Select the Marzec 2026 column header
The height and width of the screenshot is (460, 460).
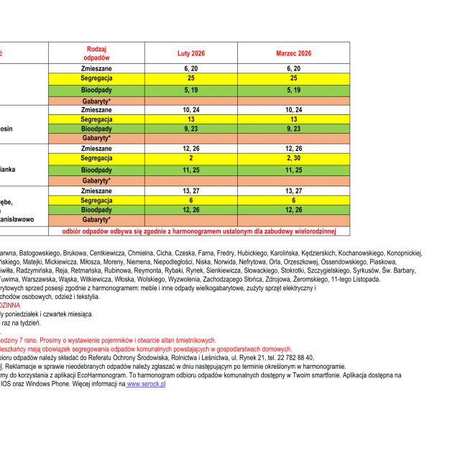pyautogui.click(x=293, y=53)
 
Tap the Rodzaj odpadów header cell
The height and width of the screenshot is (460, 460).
pyautogui.click(x=96, y=52)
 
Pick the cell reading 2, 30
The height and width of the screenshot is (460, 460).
pyautogui.click(x=293, y=157)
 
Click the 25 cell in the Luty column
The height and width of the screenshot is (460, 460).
pyautogui.click(x=190, y=78)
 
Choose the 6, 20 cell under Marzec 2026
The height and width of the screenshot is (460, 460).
pyautogui.click(x=293, y=68)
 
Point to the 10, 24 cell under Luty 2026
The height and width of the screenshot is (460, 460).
pyautogui.click(x=190, y=110)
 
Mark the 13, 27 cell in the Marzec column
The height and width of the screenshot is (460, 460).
pyautogui.click(x=293, y=191)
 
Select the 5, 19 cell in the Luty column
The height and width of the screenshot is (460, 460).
pyautogui.click(x=190, y=90)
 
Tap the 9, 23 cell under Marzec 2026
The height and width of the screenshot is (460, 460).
pyautogui.click(x=293, y=128)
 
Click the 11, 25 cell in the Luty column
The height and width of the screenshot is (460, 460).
pyautogui.click(x=190, y=170)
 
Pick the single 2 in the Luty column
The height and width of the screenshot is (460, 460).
pyautogui.click(x=190, y=157)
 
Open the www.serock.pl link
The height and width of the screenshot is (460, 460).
pyautogui.click(x=146, y=385)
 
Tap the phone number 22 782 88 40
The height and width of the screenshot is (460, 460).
pyautogui.click(x=290, y=357)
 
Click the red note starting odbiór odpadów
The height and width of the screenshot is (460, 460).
pyautogui.click(x=198, y=231)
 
